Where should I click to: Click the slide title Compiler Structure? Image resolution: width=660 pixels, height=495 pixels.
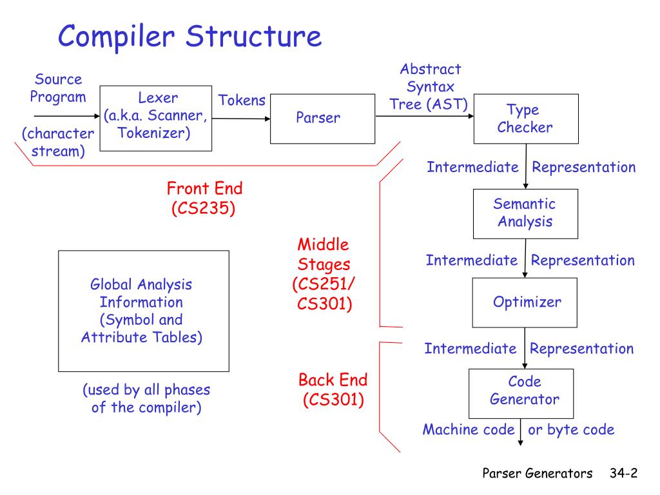coord(189,36)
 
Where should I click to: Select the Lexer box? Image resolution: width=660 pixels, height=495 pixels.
coord(157,118)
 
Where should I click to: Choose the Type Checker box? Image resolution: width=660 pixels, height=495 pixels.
coord(526,119)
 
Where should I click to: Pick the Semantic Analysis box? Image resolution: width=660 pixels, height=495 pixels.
coord(525,213)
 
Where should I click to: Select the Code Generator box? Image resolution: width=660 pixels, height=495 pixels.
coord(521,391)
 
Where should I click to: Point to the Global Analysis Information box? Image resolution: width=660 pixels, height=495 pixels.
coord(143,311)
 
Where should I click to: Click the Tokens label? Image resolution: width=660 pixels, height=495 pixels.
coord(242,101)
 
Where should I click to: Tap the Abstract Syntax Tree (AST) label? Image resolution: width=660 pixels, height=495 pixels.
coord(430,87)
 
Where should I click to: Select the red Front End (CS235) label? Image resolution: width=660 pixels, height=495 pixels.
coord(204,199)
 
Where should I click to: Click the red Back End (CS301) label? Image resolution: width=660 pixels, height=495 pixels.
coord(333,389)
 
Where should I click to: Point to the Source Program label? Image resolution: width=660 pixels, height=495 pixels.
coord(58,88)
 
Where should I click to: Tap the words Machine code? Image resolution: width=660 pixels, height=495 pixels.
coord(469,430)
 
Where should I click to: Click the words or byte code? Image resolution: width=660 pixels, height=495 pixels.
coord(571,430)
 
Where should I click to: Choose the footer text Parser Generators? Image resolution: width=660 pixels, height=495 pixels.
coord(538,474)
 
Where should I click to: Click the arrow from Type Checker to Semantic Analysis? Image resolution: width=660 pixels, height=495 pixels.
coord(527,166)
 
